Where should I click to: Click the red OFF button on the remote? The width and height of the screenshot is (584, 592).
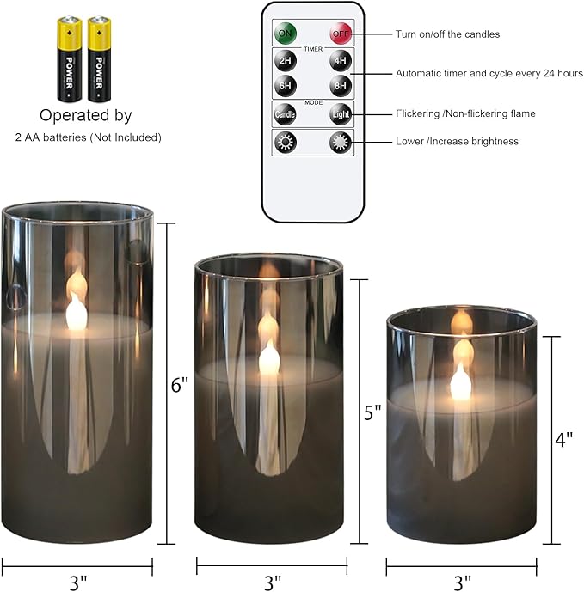click(x=341, y=34)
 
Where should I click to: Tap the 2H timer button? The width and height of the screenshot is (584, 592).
click(x=285, y=62)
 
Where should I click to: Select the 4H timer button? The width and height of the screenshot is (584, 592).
click(x=341, y=62)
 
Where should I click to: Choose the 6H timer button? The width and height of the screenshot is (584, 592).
click(x=285, y=87)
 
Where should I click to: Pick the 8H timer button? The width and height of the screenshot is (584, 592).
click(x=341, y=87)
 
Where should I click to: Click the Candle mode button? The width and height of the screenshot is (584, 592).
click(x=285, y=114)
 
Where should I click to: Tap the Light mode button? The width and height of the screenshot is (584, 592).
click(x=341, y=114)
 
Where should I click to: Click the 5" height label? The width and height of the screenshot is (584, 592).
click(x=372, y=412)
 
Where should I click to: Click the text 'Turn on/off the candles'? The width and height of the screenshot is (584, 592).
click(x=447, y=34)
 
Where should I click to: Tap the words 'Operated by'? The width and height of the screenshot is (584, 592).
click(x=86, y=115)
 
